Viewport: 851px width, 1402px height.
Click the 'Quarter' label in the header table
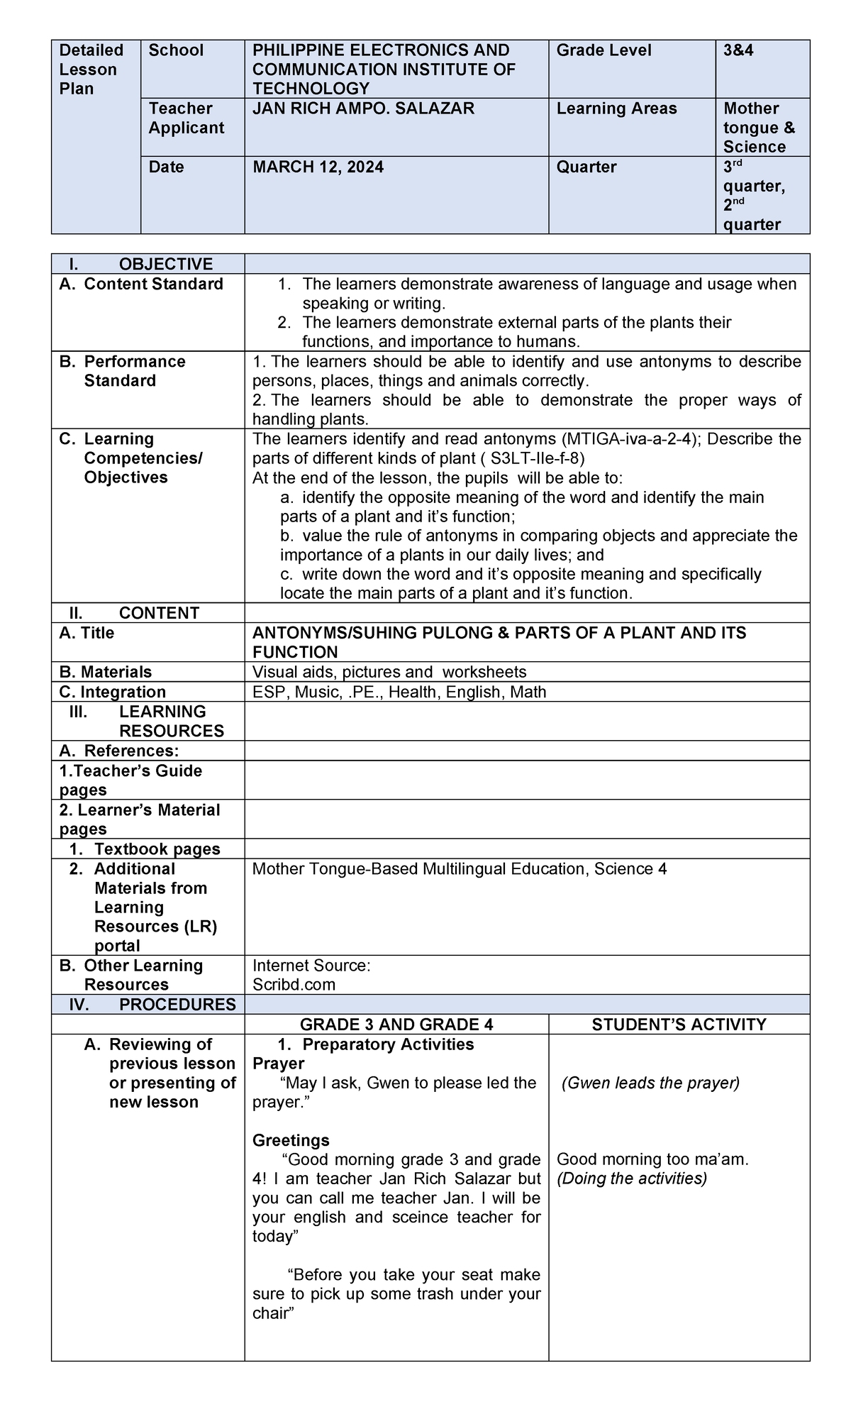coord(586,167)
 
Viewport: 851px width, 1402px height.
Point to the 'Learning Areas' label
coord(616,109)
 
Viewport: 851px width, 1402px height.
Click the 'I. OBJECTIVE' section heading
coord(141,265)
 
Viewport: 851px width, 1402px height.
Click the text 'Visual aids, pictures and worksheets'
coord(389,672)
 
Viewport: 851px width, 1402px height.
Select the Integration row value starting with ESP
coord(399,692)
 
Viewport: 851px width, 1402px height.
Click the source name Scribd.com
coord(294,985)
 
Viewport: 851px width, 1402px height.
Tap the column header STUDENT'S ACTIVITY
coord(679,1025)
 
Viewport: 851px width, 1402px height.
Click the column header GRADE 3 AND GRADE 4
coord(396,1025)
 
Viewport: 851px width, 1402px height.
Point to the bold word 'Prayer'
coord(278,1064)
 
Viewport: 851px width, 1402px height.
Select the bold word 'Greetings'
coord(291,1140)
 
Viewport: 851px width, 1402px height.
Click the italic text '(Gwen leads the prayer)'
coord(650,1083)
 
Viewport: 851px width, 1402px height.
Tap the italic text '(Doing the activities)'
coord(632,1179)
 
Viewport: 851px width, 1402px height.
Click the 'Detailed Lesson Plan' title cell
coord(91,70)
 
